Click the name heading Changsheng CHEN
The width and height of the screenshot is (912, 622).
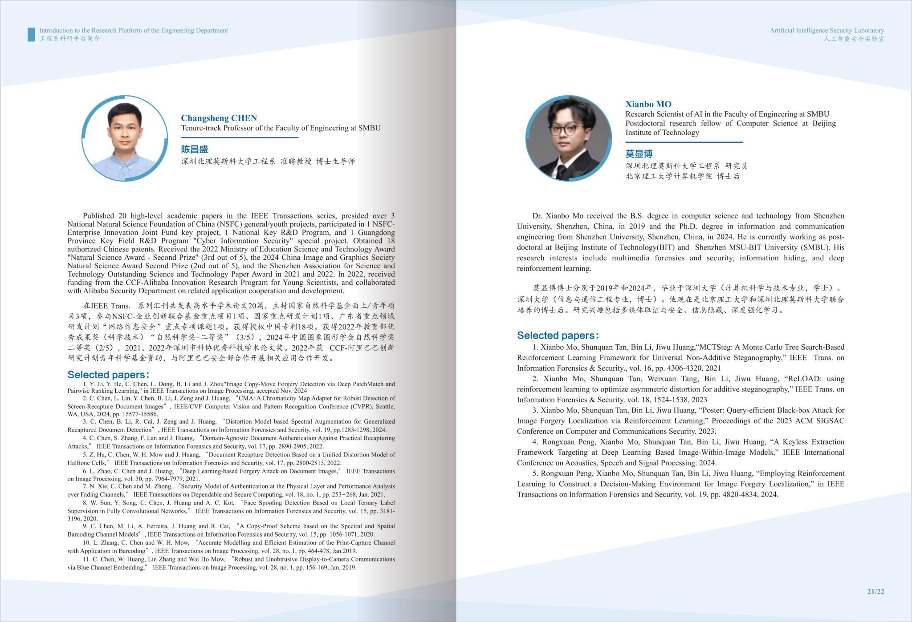pyautogui.click(x=219, y=118)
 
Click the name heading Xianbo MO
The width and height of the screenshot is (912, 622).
pyautogui.click(x=648, y=104)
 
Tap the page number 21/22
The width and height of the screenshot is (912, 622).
pyautogui.click(x=875, y=591)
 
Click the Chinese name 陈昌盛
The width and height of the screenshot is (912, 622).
pyautogui.click(x=195, y=149)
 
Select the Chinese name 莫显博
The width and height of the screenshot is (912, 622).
pyautogui.click(x=639, y=153)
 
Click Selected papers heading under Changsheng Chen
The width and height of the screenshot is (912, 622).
pyautogui.click(x=108, y=375)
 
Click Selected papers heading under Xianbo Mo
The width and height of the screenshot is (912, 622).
pyautogui.click(x=558, y=335)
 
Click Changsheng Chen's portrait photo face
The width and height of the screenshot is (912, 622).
pyautogui.click(x=124, y=129)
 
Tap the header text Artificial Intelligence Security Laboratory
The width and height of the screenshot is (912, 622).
pyautogui.click(x=826, y=30)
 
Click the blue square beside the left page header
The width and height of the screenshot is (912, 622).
pyautogui.click(x=31, y=34)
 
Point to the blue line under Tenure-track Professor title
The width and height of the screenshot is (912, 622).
pyautogui.click(x=239, y=137)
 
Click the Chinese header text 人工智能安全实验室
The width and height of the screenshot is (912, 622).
pyautogui.click(x=854, y=39)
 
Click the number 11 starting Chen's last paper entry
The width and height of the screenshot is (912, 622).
pyautogui.click(x=86, y=559)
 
